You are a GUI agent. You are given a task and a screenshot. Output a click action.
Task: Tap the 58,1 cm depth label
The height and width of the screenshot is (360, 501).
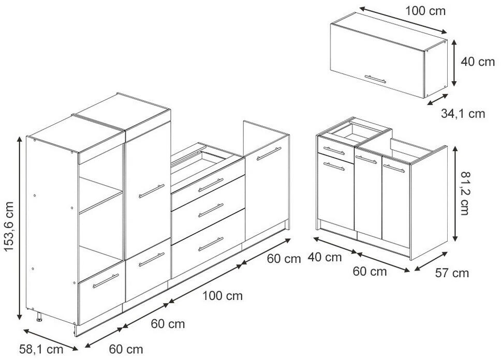tap(41, 349)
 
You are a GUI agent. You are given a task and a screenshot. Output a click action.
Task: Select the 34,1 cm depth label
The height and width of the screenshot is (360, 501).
tap(463, 113)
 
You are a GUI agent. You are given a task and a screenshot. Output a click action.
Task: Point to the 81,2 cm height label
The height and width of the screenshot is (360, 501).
tap(465, 193)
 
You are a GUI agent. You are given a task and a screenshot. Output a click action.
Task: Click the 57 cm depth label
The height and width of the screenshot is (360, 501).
tap(452, 273)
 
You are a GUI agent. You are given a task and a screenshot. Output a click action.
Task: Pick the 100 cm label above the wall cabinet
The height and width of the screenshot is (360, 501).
tap(425, 11)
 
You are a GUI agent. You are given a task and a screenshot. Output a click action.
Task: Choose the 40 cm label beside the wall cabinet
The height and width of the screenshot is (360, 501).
tap(478, 62)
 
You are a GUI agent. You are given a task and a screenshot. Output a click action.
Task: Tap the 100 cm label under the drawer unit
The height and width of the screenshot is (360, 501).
tap(223, 296)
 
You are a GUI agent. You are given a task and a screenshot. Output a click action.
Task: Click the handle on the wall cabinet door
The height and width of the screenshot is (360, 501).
tap(375, 79)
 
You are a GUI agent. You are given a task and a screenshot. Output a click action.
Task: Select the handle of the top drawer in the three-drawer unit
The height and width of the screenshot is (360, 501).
tap(211, 185)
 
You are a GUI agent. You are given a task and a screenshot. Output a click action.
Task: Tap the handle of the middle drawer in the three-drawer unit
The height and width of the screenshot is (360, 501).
tap(211, 210)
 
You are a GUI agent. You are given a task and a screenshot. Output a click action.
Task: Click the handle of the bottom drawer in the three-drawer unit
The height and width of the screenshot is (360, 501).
tap(211, 244)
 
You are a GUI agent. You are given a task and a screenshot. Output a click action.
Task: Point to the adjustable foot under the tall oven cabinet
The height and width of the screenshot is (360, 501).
tap(39, 318)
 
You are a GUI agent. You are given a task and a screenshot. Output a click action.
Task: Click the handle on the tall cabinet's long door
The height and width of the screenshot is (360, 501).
tap(152, 191)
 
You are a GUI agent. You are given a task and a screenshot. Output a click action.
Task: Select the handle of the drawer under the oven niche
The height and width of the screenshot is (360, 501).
tap(106, 281)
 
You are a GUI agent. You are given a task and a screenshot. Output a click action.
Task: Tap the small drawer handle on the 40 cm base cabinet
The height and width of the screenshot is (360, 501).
tap(334, 151)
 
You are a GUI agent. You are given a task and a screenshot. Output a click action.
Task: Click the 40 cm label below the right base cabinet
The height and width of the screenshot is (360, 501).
tap(325, 257)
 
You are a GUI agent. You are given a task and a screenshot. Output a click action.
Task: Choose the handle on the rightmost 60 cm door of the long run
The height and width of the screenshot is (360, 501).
tap(269, 154)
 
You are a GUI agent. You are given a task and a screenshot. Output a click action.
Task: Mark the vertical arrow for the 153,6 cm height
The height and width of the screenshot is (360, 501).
tap(20, 228)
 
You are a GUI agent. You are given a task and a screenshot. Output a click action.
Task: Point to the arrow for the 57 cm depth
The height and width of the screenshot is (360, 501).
tap(431, 261)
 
